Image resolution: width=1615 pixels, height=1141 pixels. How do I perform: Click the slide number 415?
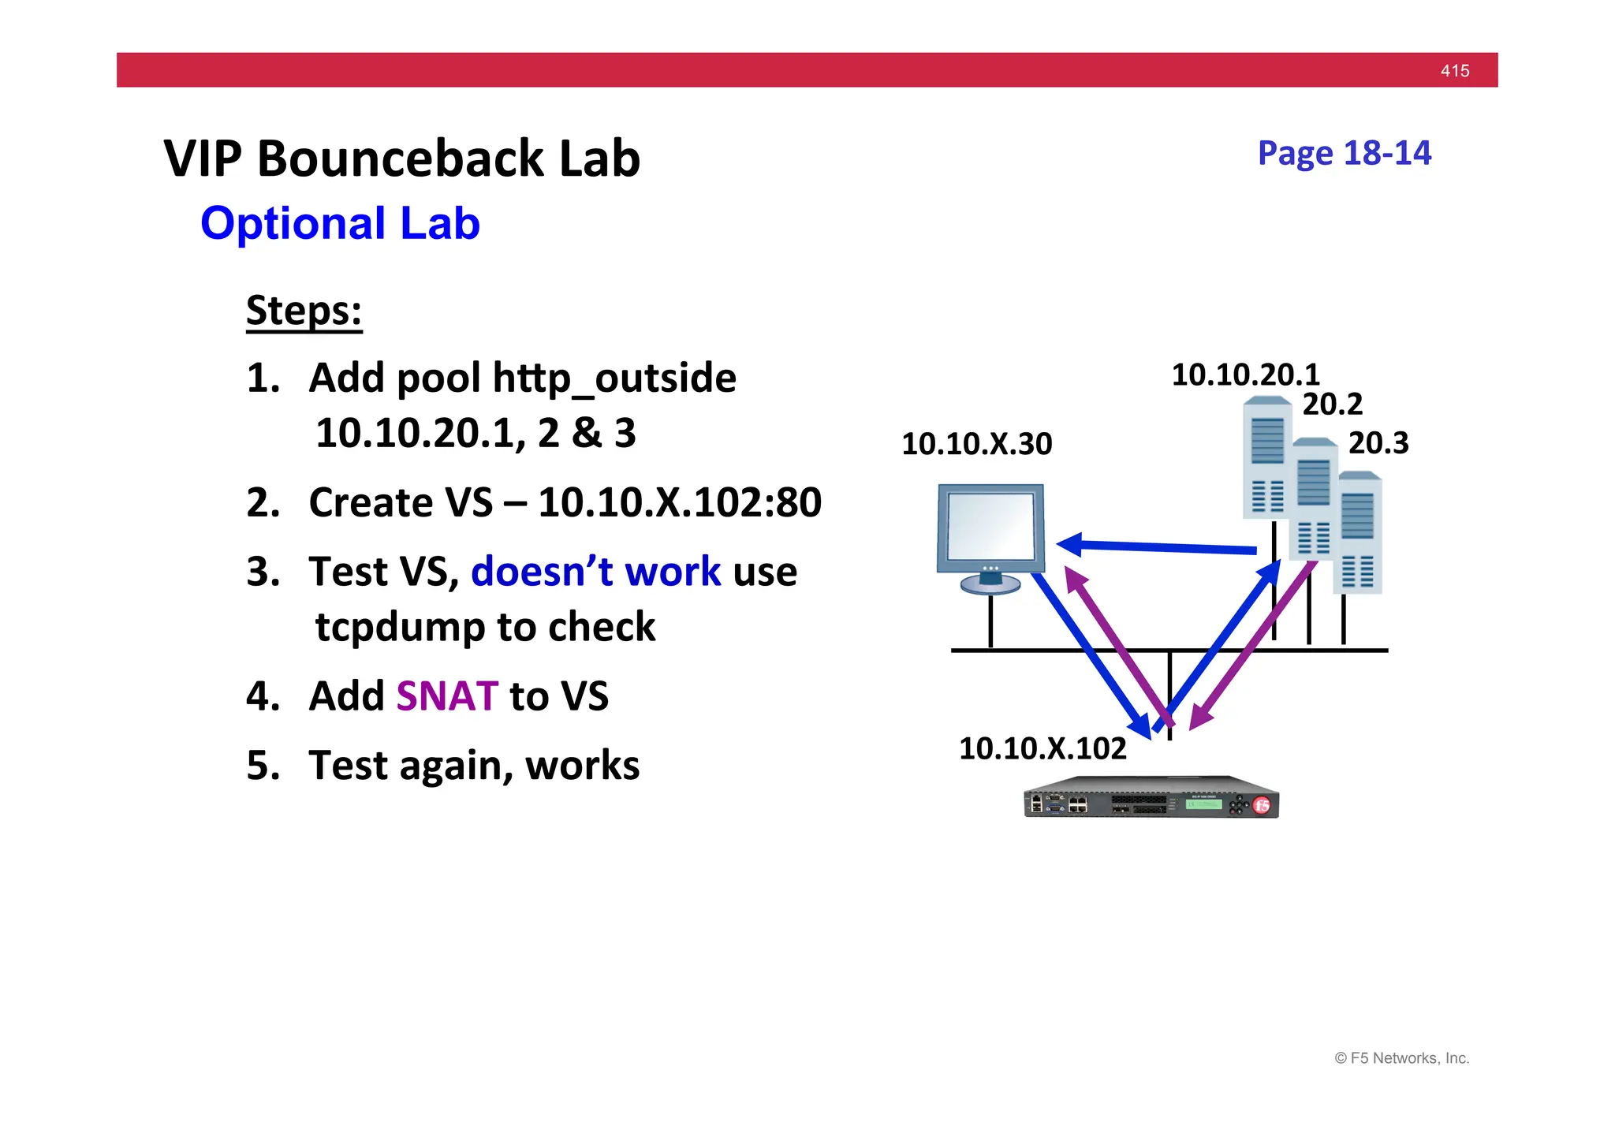click(1454, 71)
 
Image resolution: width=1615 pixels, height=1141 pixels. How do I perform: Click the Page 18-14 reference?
click(1344, 153)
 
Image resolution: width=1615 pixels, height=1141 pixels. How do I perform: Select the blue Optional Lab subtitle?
click(340, 223)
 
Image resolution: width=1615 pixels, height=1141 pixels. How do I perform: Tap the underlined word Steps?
click(304, 311)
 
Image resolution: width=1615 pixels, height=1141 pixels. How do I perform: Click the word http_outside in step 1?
click(614, 378)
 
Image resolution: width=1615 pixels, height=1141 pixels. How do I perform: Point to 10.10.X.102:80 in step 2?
click(680, 502)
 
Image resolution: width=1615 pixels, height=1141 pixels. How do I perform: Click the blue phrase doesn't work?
click(595, 572)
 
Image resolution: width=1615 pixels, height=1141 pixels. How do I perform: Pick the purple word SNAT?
click(446, 696)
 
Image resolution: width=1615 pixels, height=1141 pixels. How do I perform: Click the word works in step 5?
click(582, 766)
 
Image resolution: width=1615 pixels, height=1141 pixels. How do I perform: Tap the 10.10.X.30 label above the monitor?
click(976, 444)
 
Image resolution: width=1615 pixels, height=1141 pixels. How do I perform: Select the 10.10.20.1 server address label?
click(1245, 375)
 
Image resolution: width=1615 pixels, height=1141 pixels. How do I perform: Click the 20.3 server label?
click(1378, 443)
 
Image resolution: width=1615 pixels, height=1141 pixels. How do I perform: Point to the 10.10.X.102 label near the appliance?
click(1042, 748)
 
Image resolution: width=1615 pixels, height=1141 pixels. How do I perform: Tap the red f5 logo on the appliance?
click(1262, 806)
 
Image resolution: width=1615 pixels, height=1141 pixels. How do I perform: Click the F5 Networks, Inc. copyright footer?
click(1401, 1058)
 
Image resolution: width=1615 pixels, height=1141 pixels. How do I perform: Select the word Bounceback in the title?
click(400, 159)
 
